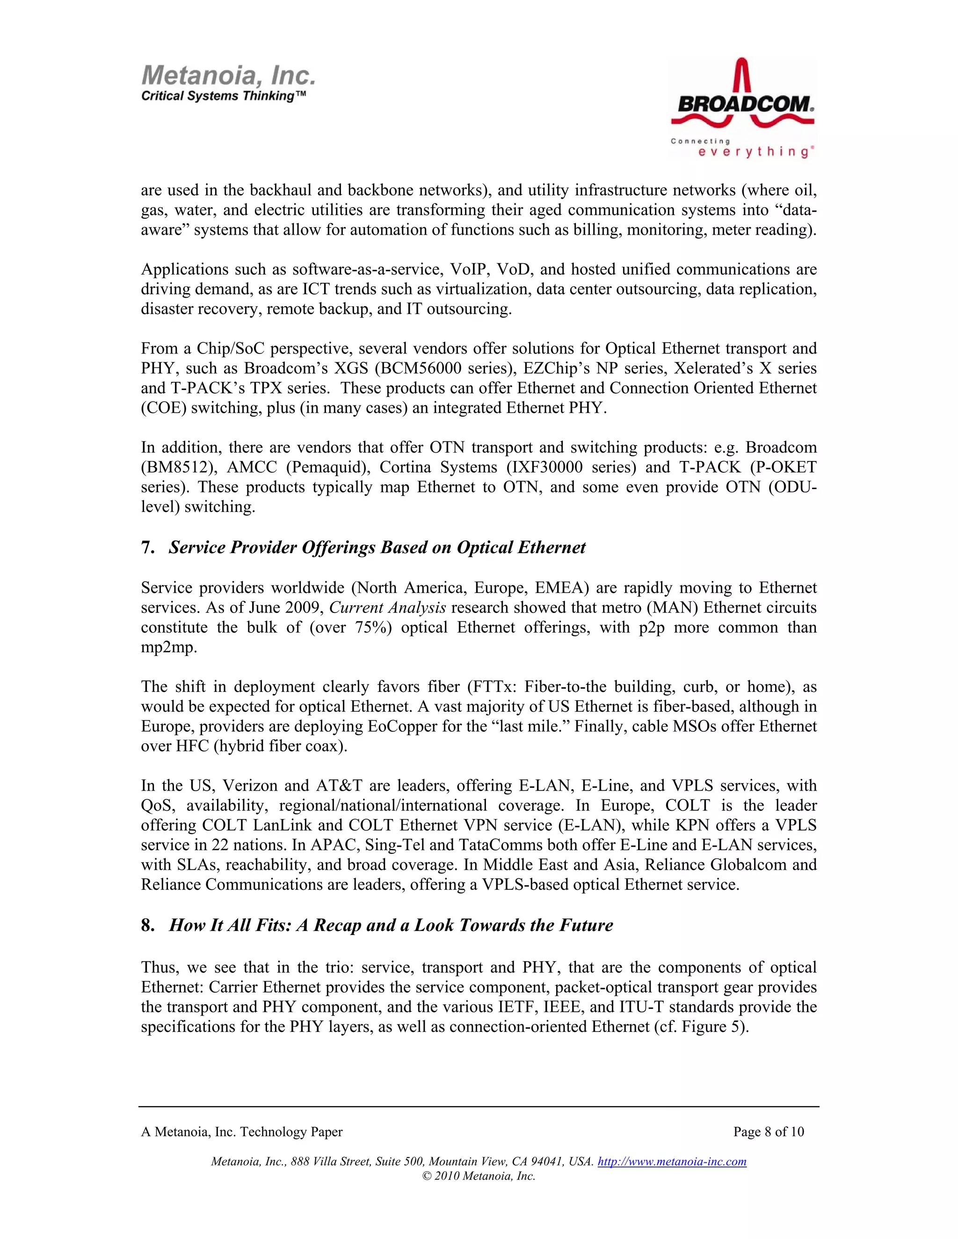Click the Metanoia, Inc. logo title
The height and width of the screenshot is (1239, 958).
[228, 75]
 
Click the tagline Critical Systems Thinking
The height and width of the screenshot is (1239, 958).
[224, 96]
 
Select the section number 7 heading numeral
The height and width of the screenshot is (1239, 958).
[147, 547]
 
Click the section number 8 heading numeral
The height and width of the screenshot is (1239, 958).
[147, 925]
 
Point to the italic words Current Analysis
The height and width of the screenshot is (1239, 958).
[388, 608]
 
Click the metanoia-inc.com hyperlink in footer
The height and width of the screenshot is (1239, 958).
[672, 1161]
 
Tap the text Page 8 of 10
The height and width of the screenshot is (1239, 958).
[769, 1132]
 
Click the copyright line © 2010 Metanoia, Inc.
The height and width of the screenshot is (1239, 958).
[479, 1176]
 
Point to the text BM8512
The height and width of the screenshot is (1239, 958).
[180, 468]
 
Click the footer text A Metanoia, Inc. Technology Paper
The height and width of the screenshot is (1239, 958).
[242, 1132]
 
